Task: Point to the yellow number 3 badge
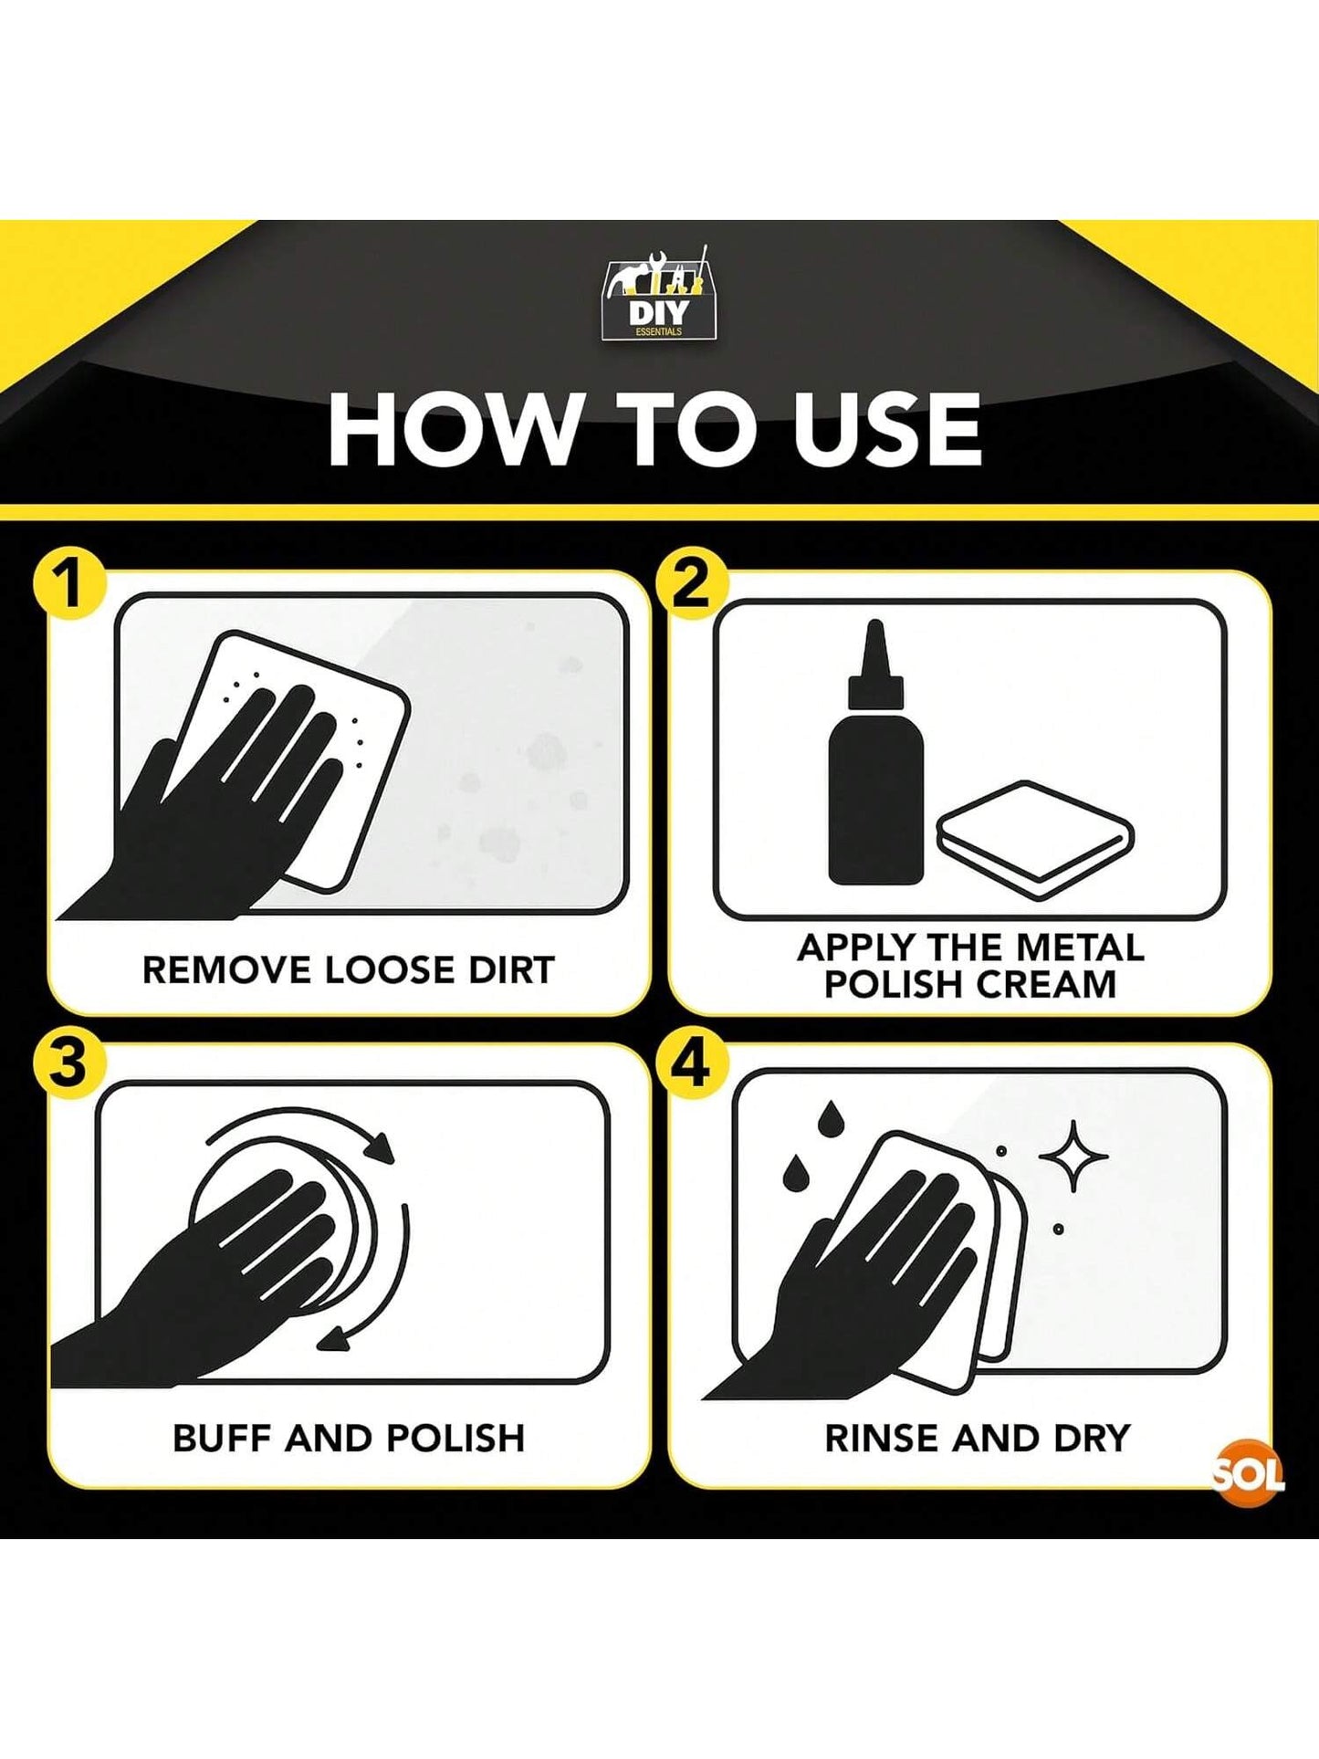pos(68,1063)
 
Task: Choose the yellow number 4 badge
pos(692,1063)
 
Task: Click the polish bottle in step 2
pos(875,752)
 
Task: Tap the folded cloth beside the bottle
pos(1035,841)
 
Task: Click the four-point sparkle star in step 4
pos(1073,1156)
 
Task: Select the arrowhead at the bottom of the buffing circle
pos(333,1336)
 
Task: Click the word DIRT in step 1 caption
pos(511,970)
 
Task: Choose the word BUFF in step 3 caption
pos(222,1439)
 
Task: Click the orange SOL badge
pos(1251,1472)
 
